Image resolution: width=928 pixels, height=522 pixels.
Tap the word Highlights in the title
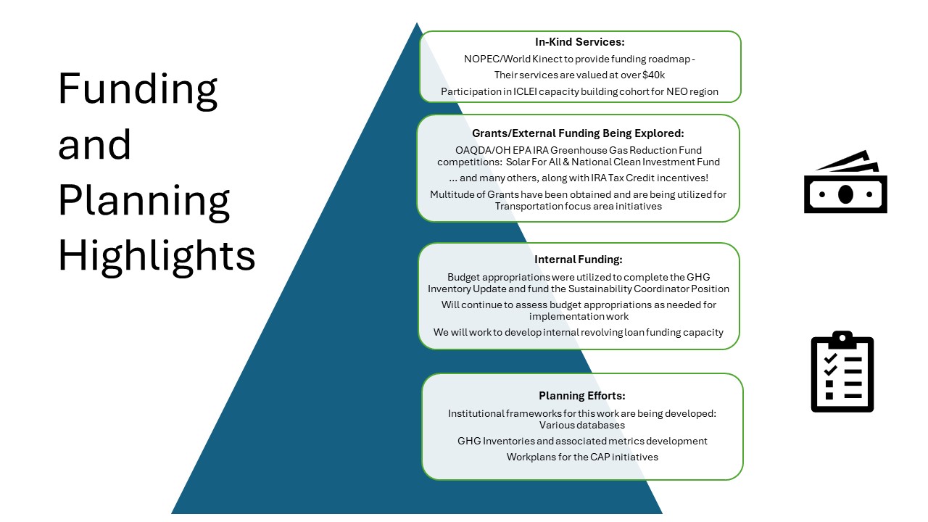(x=157, y=257)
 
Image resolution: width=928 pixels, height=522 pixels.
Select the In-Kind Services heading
(x=579, y=42)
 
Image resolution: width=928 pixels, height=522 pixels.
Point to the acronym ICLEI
(x=525, y=91)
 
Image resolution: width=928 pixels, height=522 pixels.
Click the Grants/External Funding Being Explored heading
(x=578, y=133)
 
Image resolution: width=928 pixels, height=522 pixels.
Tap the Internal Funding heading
(x=579, y=260)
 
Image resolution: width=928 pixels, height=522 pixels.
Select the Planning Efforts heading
(x=582, y=396)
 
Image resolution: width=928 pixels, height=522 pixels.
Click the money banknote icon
(x=845, y=182)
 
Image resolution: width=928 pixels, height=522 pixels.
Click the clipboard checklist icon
(x=842, y=372)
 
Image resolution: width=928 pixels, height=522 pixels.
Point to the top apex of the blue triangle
(x=417, y=22)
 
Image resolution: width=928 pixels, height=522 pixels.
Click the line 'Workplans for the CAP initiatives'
(x=582, y=457)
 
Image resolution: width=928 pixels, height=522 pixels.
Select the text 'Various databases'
(x=582, y=425)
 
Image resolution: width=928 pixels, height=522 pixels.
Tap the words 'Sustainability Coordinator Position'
(x=648, y=289)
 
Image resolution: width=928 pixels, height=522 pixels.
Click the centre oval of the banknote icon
(x=845, y=194)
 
